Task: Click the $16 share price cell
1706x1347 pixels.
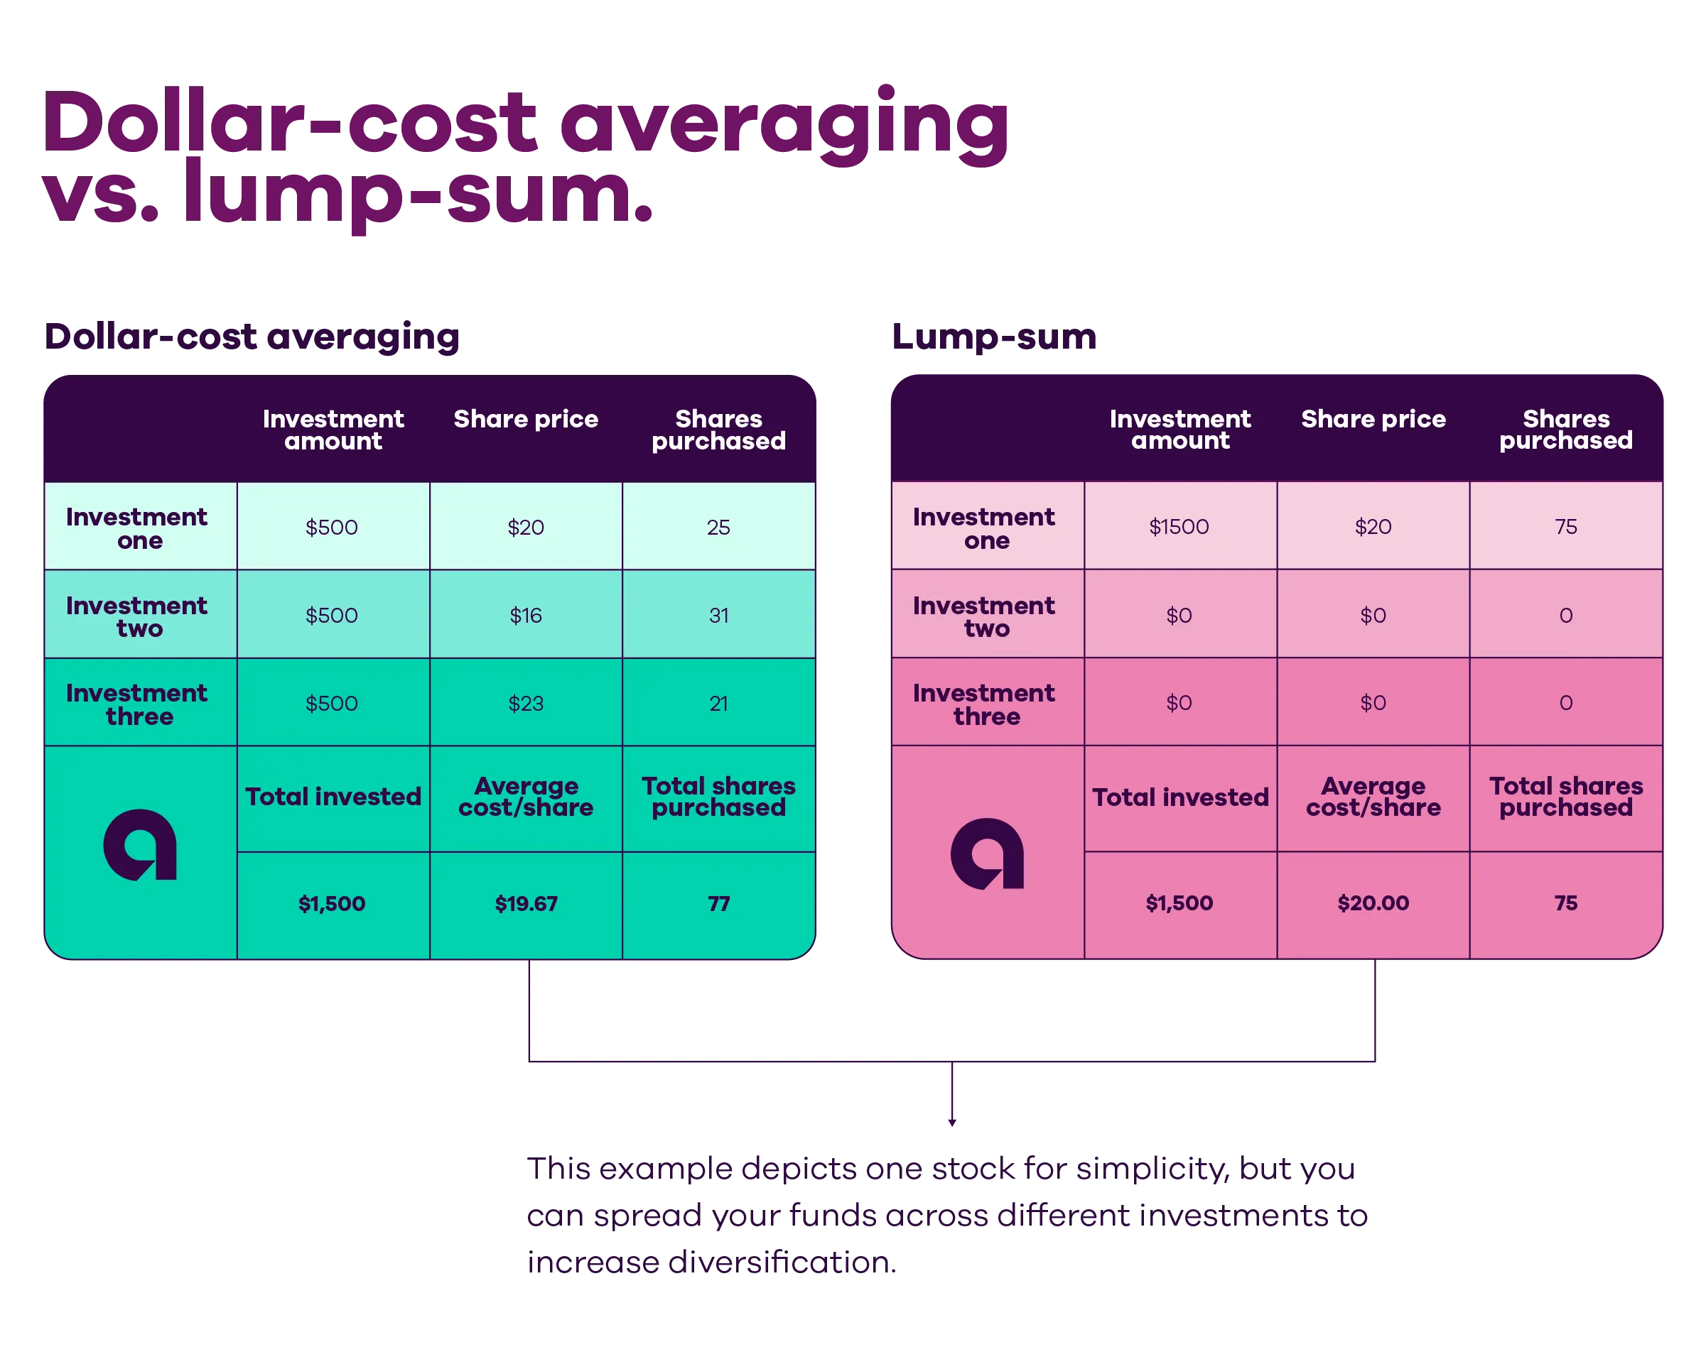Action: (526, 615)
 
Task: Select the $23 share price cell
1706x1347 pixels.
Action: (526, 703)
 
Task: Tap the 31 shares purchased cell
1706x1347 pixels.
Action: (718, 615)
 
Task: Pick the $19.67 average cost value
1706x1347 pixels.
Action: (526, 903)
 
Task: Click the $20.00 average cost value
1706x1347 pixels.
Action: (1373, 902)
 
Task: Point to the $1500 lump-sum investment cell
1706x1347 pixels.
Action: (1179, 526)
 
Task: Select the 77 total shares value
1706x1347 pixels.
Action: (718, 903)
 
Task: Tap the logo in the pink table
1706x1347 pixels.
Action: (987, 854)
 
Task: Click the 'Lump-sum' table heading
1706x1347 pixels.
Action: (993, 337)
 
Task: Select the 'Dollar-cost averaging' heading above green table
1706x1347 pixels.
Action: (252, 337)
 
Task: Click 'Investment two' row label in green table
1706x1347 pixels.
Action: (137, 616)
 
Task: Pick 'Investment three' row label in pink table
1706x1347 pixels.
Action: (984, 704)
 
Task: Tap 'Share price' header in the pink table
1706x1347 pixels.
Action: (1373, 419)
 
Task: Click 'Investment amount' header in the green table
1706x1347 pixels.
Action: (333, 429)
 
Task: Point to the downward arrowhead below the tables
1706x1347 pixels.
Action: (951, 1121)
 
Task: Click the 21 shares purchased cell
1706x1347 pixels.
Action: (718, 703)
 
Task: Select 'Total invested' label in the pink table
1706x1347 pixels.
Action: (1180, 797)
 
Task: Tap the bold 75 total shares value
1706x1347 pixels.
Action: (1565, 902)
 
